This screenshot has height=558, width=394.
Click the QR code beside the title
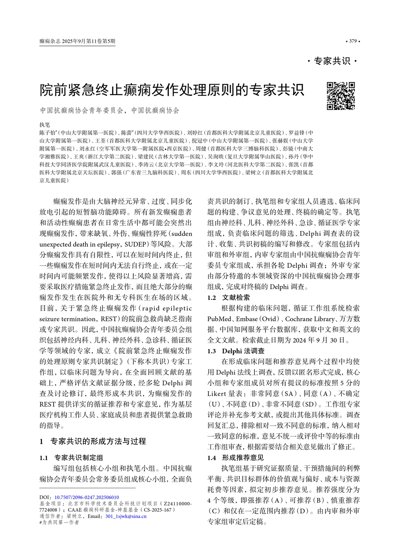[x=340, y=96]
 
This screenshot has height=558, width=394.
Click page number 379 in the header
[x=352, y=41]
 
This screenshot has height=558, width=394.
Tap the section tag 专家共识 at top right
[x=332, y=61]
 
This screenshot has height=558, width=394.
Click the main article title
[x=172, y=90]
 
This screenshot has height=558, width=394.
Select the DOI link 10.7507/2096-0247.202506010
[x=87, y=497]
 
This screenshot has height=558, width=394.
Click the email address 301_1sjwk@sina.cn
[x=126, y=516]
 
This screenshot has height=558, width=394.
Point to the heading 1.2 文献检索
[x=229, y=297]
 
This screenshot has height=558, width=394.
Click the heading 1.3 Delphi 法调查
[x=236, y=351]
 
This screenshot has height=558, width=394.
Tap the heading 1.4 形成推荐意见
[x=236, y=458]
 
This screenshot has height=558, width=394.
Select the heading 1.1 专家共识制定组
[x=71, y=458]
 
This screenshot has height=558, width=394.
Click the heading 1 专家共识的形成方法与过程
[x=93, y=441]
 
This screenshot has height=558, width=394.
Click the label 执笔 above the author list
[x=45, y=125]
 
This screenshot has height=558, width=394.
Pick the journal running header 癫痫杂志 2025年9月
[x=77, y=41]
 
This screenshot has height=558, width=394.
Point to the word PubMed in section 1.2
[x=219, y=319]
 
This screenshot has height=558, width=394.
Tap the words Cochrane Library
[x=310, y=319]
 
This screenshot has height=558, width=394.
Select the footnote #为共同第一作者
[x=59, y=522]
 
